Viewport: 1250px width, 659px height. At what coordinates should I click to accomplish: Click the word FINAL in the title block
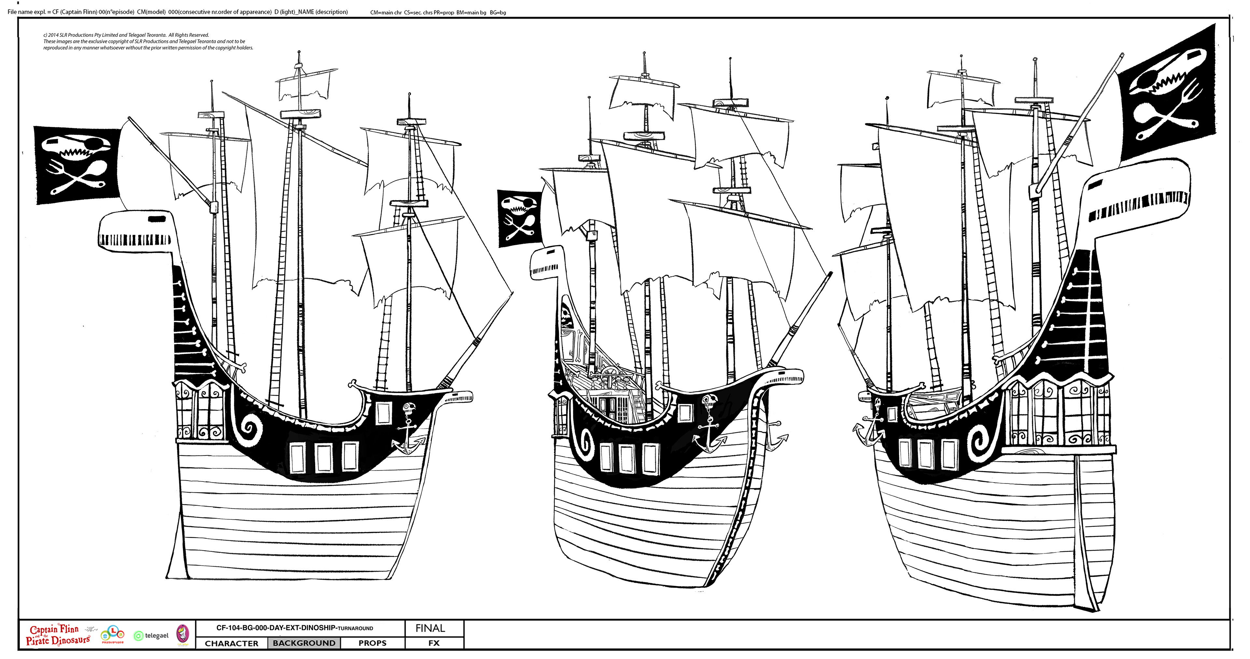click(430, 628)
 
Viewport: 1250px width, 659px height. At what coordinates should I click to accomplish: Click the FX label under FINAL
click(434, 643)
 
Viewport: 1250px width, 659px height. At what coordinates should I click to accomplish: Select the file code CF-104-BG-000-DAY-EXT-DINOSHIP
click(276, 627)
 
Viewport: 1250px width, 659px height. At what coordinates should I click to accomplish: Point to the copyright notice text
click(148, 41)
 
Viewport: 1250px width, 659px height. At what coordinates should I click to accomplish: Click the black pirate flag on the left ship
click(77, 165)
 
